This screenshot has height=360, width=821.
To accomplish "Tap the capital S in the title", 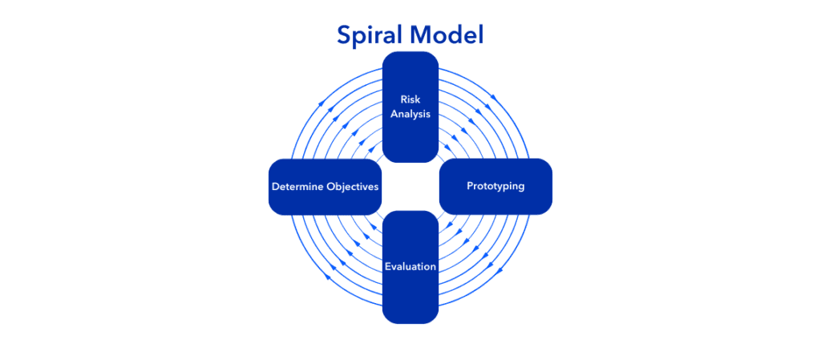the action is [344, 34].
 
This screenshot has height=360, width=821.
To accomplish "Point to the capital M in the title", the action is [421, 34].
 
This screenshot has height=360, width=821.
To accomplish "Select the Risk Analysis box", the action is [410, 107].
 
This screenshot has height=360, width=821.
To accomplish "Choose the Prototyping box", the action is [495, 186].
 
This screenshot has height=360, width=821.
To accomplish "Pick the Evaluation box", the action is [410, 267].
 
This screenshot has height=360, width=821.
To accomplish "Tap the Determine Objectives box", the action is [325, 186].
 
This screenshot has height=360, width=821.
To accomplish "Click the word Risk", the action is [410, 99].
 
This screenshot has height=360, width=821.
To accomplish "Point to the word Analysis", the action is [410, 114].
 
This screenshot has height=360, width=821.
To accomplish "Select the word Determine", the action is [296, 186].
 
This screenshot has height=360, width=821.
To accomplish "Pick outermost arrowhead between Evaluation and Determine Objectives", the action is [328, 277].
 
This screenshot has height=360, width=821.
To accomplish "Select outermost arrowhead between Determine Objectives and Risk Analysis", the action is [321, 104].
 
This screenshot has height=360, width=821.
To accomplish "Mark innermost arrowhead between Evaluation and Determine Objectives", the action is [372, 228].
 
